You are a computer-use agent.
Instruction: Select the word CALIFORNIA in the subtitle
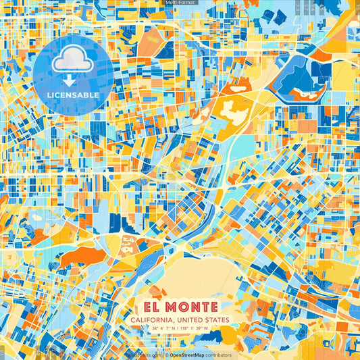tap(156, 319)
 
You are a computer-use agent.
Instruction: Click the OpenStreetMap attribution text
tap(190, 355)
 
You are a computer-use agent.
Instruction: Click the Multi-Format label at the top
tap(180, 3)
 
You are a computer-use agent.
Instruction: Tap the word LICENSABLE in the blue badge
tap(74, 95)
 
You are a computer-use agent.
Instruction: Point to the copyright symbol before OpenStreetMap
tap(166, 355)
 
